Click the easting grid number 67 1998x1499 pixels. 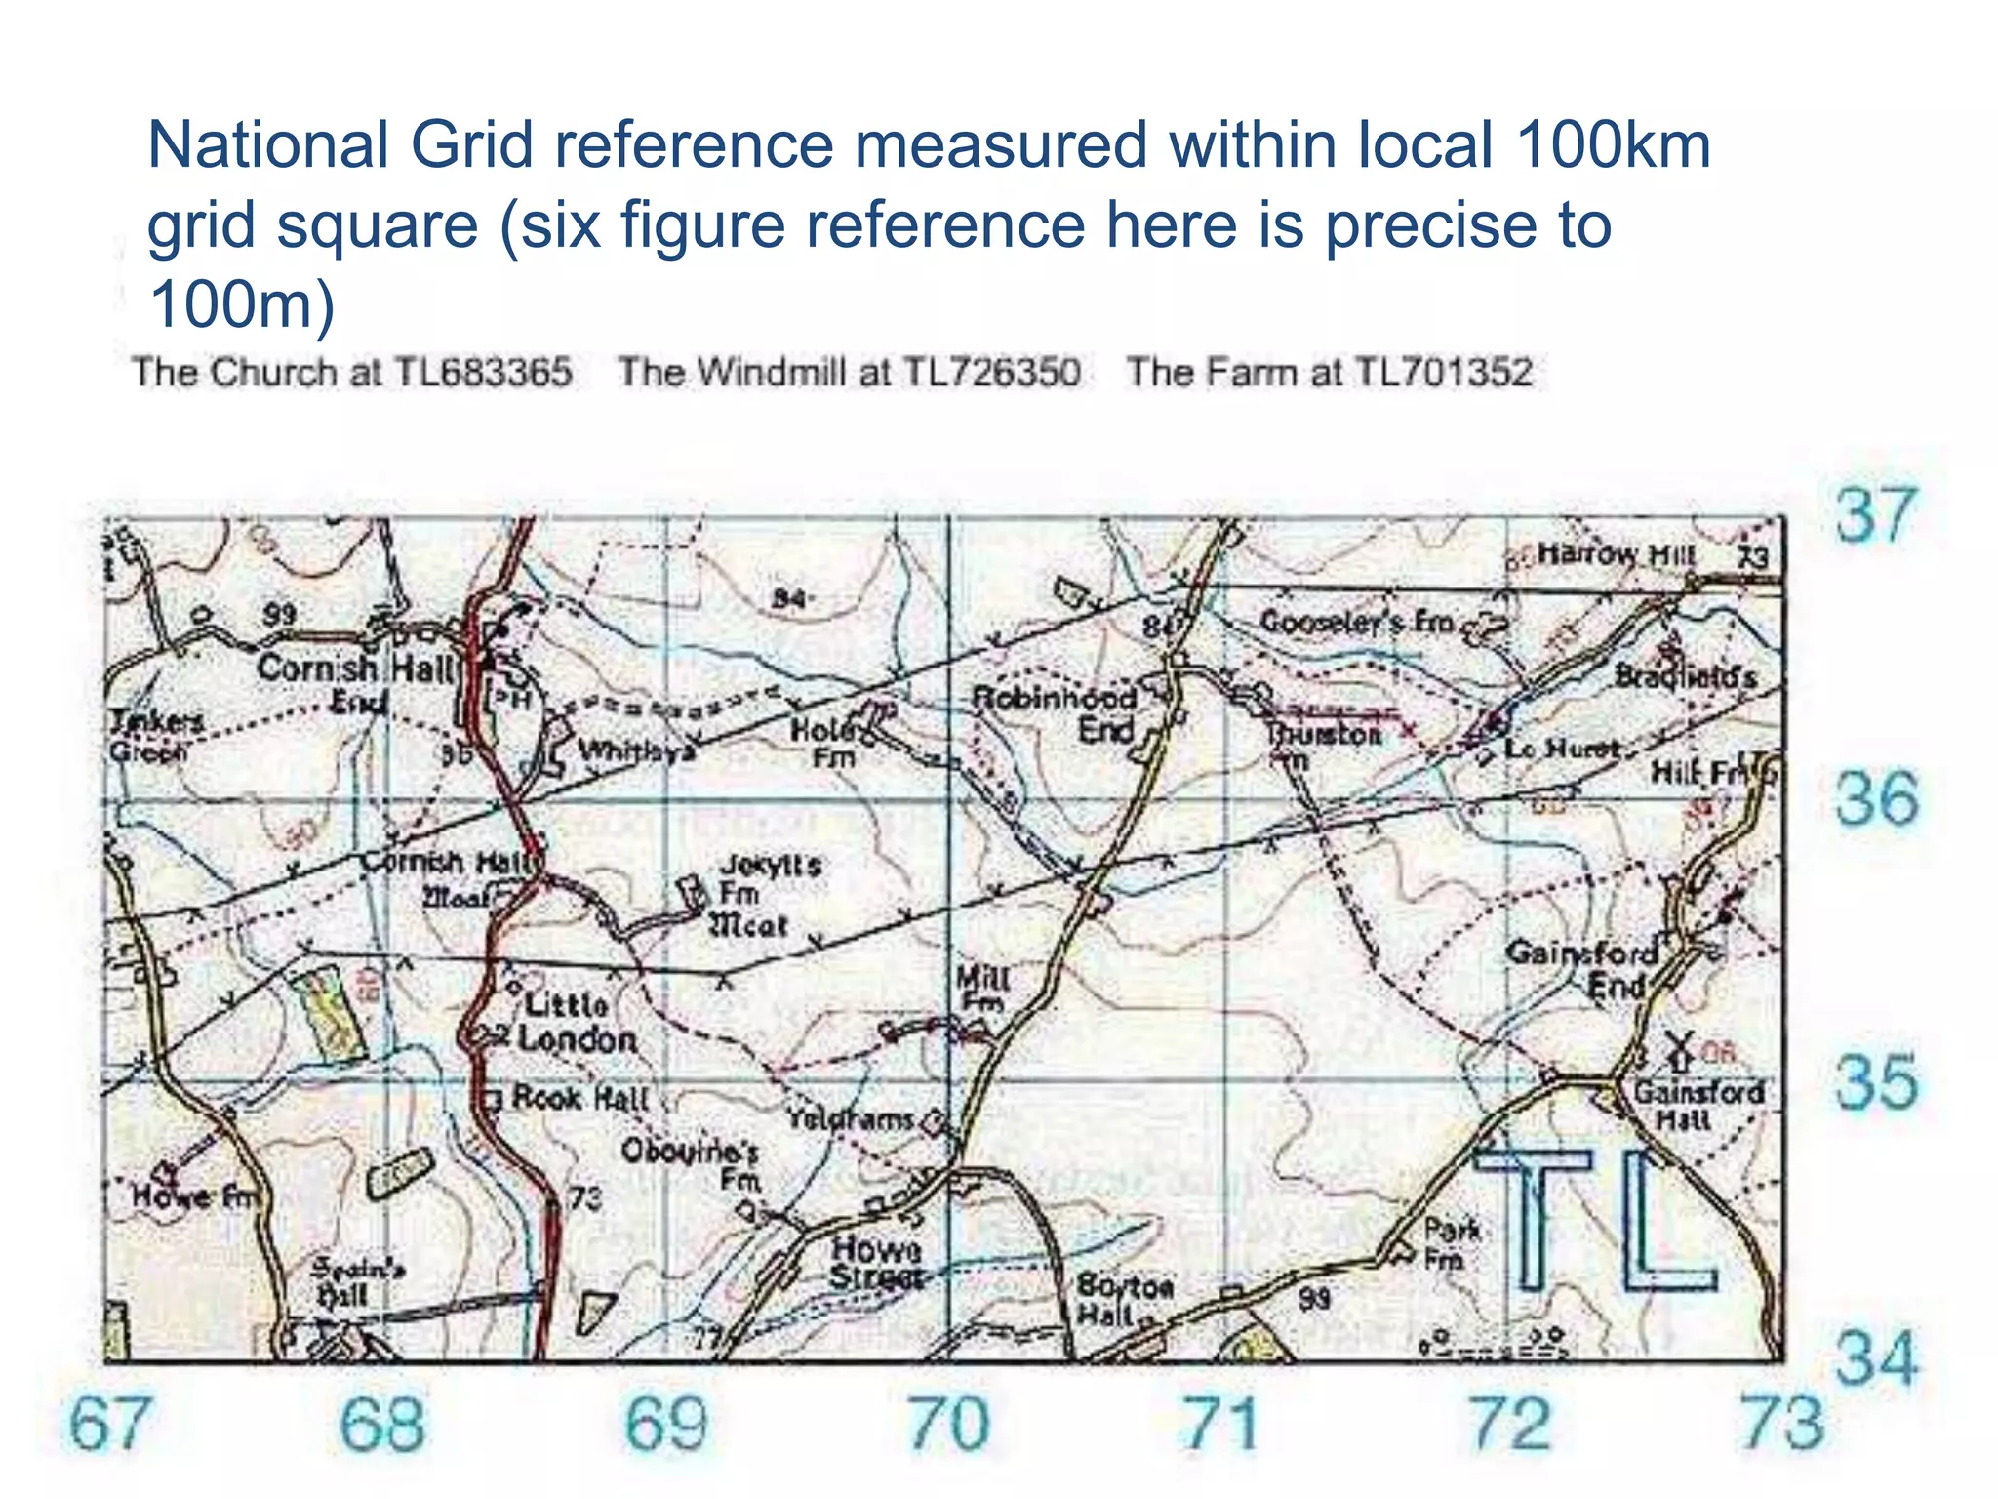[x=109, y=1424]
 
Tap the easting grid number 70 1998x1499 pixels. [x=948, y=1424]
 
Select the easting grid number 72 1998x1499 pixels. [x=1510, y=1424]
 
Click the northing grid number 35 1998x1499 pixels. [x=1875, y=1082]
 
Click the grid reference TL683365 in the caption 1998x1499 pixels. [x=483, y=373]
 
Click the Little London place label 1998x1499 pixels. [x=576, y=1023]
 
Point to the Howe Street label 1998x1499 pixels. [x=876, y=1263]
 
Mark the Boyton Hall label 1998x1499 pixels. [x=1124, y=1299]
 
